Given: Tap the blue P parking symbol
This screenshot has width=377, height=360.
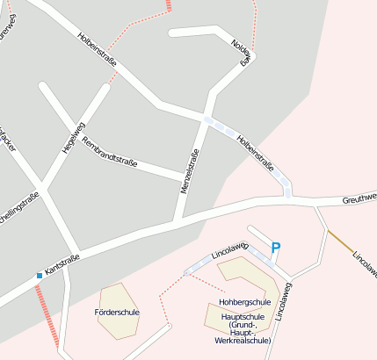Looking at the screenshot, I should tap(275, 248).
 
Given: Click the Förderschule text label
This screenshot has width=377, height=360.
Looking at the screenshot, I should tap(116, 312).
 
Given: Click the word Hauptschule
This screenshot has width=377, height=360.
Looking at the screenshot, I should tap(245, 313).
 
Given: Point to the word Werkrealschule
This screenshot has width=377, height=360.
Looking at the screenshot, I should tap(243, 339).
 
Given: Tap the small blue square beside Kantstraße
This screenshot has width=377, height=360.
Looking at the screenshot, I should tap(40, 276).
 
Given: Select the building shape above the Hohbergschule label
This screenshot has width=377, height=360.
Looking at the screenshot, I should tap(250, 279).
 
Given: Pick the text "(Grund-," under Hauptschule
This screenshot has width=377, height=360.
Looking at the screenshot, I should tap(243, 322).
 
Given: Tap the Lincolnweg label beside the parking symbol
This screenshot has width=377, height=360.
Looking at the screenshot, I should tap(231, 252).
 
